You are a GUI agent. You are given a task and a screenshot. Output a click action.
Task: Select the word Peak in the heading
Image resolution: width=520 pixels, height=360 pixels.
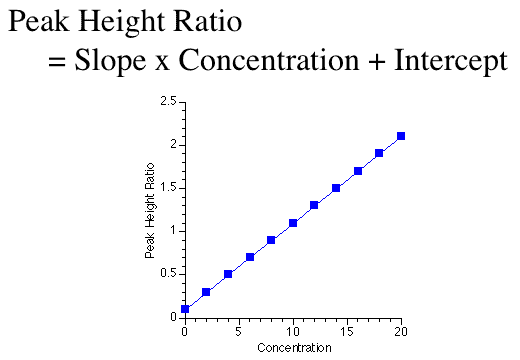pos(40,22)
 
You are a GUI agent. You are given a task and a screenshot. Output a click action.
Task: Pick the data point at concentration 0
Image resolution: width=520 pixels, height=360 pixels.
pos(185,309)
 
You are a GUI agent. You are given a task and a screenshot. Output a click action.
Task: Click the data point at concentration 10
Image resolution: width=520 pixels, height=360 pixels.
pos(293,223)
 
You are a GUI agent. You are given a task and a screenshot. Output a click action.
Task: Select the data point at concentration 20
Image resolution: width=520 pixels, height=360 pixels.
pos(401,136)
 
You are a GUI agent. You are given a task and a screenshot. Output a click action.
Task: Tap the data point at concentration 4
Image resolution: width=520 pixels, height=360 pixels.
pos(228,274)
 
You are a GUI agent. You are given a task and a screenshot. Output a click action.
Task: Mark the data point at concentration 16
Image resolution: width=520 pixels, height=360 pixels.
pos(358,171)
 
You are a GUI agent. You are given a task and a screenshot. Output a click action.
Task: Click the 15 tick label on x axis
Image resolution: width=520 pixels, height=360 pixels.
pos(347,330)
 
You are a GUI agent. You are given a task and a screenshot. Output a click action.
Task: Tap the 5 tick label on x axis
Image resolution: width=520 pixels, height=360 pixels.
pos(239,330)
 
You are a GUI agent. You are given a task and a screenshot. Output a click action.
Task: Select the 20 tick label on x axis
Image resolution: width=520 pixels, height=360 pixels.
pos(401,330)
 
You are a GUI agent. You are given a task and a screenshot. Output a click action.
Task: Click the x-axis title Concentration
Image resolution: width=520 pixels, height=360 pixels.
pos(292,348)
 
